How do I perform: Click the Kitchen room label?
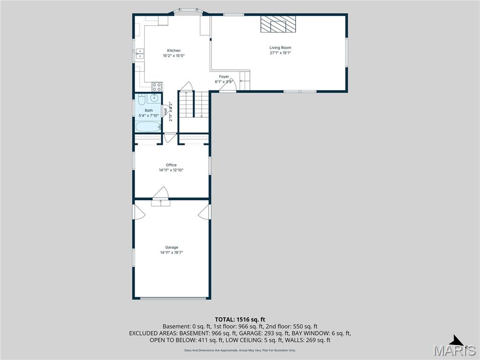(x=174, y=51)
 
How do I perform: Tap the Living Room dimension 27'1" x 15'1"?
(x=280, y=53)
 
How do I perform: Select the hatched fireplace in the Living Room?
(x=278, y=24)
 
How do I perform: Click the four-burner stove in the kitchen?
(x=157, y=86)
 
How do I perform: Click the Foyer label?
(x=224, y=77)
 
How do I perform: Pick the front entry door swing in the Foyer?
(x=227, y=87)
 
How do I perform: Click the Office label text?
(x=171, y=165)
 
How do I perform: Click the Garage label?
(x=171, y=247)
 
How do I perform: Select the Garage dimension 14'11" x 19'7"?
(x=171, y=253)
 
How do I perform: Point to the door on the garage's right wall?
(x=204, y=211)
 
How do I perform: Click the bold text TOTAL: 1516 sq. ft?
(x=240, y=319)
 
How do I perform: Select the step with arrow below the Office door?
(x=161, y=203)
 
